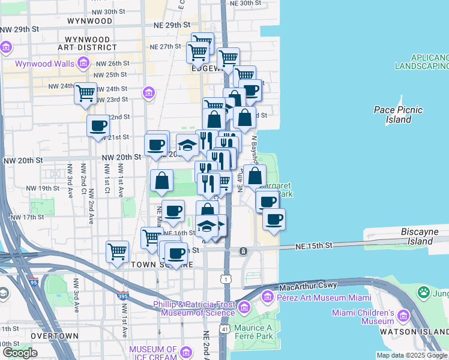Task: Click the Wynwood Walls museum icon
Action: [83, 62]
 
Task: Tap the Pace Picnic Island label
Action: [398, 114]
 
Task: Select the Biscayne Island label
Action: [424, 236]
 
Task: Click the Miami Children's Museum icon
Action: [403, 316]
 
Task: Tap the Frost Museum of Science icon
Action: [244, 308]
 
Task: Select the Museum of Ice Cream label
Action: [153, 353]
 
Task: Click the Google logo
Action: [20, 353]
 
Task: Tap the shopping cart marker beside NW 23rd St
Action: [86, 93]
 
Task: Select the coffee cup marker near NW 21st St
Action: [98, 126]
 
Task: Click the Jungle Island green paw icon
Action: [424, 293]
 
